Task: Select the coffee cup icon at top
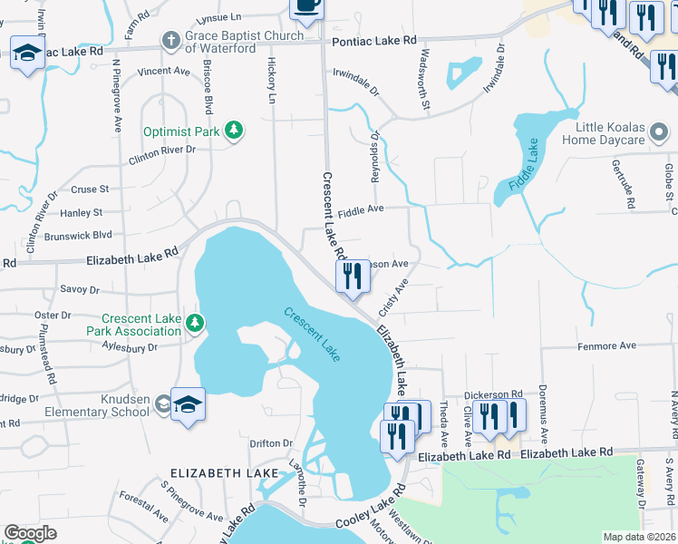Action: [x=305, y=6]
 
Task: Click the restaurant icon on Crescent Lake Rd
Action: [x=353, y=276]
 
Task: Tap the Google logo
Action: [x=30, y=533]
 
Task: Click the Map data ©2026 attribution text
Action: [x=639, y=537]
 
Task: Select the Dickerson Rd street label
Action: [x=493, y=395]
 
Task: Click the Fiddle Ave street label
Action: [x=361, y=209]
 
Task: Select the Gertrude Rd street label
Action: [x=628, y=186]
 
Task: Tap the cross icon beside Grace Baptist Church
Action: [x=169, y=40]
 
